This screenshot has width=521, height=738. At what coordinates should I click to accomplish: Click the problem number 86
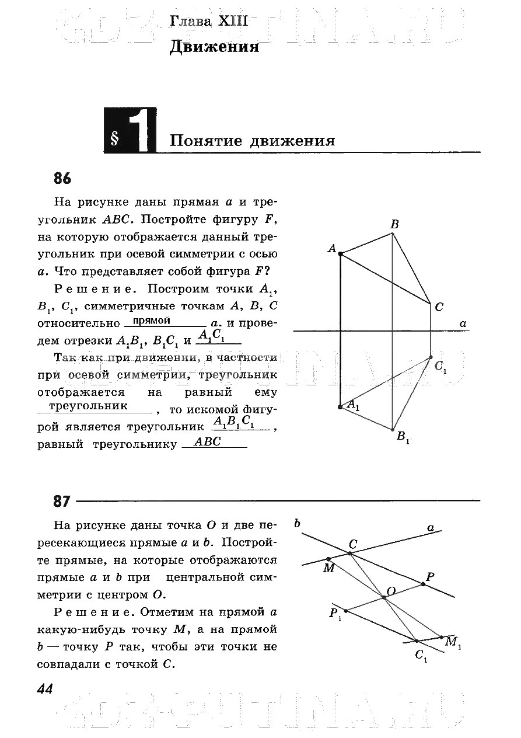[x=62, y=178]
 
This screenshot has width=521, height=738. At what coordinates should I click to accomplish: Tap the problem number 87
[x=62, y=501]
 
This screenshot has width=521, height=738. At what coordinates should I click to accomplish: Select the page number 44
[x=45, y=689]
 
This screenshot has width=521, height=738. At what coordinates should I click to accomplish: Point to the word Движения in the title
[x=214, y=47]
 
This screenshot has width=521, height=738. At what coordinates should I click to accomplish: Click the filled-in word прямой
[x=152, y=321]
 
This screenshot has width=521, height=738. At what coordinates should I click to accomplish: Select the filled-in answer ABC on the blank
[x=208, y=443]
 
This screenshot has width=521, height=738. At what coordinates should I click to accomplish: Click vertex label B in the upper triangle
[x=394, y=224]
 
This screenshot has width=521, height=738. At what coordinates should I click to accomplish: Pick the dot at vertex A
[x=340, y=253]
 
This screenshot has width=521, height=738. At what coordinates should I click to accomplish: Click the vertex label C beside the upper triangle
[x=439, y=307]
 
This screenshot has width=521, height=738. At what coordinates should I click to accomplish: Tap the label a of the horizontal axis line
[x=463, y=323]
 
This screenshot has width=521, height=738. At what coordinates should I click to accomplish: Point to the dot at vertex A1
[x=340, y=407]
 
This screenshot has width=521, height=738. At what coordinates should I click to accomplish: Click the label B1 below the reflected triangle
[x=403, y=437]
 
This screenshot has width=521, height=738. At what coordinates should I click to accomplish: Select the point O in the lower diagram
[x=384, y=597]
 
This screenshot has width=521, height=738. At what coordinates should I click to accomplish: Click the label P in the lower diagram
[x=430, y=577]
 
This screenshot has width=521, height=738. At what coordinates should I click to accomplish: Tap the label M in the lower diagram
[x=329, y=568]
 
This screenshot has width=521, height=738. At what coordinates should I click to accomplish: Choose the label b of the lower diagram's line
[x=297, y=523]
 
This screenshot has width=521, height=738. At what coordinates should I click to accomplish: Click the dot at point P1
[x=346, y=611]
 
